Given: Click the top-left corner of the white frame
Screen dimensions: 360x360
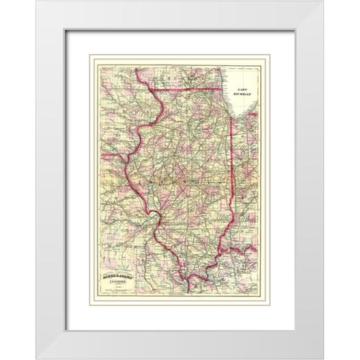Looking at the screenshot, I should coord(36,1).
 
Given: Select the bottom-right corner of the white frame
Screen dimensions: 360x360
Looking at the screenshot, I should coord(323,358).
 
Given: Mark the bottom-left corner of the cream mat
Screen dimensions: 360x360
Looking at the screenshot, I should coord(67,329).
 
